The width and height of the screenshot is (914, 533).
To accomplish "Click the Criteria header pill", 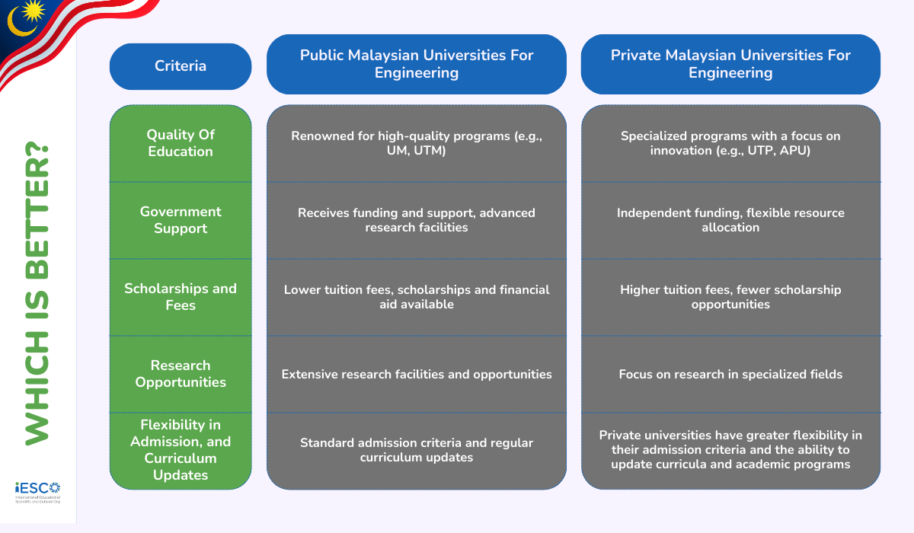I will [181, 66].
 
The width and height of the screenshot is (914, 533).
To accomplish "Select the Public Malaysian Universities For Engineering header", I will [417, 64].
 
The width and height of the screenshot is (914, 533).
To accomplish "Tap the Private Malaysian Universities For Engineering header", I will [730, 64].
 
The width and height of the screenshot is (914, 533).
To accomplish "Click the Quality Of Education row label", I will [181, 143].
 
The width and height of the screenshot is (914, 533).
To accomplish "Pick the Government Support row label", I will [181, 220].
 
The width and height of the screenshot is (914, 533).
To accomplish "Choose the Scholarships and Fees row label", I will [181, 297].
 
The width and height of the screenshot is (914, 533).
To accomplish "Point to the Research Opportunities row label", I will [181, 374].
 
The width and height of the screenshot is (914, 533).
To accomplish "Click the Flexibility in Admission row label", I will [181, 450].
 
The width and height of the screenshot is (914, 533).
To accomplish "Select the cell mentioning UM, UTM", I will [417, 143].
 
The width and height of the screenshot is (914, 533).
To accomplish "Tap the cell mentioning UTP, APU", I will [730, 143].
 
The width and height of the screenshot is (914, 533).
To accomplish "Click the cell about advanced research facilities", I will [417, 220].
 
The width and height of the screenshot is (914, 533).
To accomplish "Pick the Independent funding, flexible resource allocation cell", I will [730, 220].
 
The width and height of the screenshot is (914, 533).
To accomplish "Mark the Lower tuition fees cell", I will [417, 297].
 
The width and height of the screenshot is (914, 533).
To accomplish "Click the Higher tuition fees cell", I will [730, 297].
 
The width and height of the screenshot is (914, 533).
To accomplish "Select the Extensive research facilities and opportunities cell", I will [417, 374].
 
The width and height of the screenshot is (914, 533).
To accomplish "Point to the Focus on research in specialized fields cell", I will [730, 374].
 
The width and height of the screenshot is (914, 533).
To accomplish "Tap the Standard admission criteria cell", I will [417, 450].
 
